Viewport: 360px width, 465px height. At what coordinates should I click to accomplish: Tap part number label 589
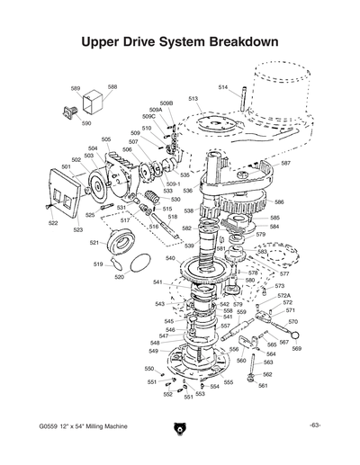point(76,88)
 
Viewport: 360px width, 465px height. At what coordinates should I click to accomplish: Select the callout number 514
point(223,86)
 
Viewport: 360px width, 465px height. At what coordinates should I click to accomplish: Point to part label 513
point(193,98)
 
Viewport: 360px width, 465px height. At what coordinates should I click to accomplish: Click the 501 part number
point(67,166)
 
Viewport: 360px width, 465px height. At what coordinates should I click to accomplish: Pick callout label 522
point(53,222)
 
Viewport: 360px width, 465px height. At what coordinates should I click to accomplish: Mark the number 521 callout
point(94,242)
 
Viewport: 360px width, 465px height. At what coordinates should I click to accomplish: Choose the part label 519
point(97,264)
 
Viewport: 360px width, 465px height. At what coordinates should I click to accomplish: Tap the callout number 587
point(285,163)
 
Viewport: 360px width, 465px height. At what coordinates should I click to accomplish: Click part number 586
point(279,202)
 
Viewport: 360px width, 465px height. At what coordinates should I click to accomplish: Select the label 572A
point(283,295)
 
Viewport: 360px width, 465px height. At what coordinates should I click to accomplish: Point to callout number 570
point(292,321)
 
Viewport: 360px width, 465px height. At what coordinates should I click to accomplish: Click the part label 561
point(263,386)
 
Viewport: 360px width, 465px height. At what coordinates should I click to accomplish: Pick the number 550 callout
point(149,369)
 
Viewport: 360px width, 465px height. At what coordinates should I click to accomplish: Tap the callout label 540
point(170,258)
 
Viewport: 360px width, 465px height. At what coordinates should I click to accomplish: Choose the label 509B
point(166,103)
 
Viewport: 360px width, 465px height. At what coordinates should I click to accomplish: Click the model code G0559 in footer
point(50,425)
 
